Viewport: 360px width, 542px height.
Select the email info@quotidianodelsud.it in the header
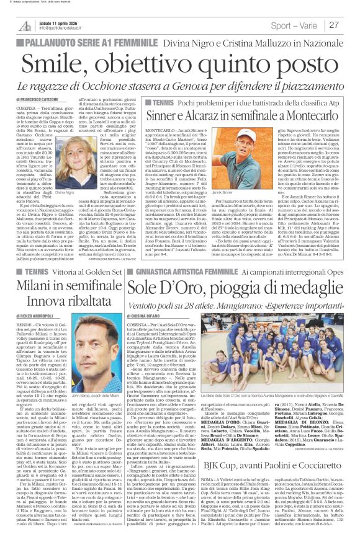61,28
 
